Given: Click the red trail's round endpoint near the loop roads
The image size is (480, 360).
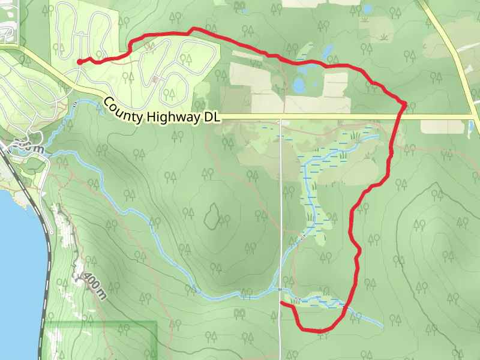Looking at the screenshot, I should pyautogui.click(x=79, y=61).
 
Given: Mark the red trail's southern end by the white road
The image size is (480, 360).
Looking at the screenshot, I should pyautogui.click(x=281, y=302).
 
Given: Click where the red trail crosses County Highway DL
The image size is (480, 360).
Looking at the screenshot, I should pyautogui.click(x=403, y=115).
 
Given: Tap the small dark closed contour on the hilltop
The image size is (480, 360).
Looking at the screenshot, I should pyautogui.click(x=211, y=216).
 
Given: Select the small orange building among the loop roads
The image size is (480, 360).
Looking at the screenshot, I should pyautogui.click(x=155, y=79).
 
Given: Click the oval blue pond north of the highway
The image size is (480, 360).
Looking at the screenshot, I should pyautogui.click(x=298, y=85).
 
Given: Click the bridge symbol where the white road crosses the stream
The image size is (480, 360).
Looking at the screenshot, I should pyautogui.click(x=280, y=289).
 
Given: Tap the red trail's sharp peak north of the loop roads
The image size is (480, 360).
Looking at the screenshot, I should pyautogui.click(x=193, y=28).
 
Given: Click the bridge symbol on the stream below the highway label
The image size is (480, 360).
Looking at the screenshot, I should pyautogui.click(x=74, y=104).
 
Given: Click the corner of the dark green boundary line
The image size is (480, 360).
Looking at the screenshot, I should pyautogui.click(x=157, y=322).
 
